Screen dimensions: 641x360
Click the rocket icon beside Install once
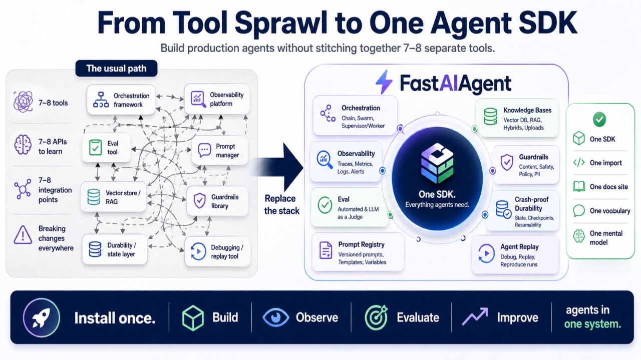[x=42, y=317]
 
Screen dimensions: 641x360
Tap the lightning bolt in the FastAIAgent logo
[x=384, y=82]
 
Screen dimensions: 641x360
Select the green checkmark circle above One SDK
[x=599, y=119]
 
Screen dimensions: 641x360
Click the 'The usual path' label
[x=116, y=69]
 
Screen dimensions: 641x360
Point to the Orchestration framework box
[x=121, y=100]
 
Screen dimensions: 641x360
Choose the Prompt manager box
[x=220, y=151]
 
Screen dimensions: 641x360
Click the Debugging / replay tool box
[x=217, y=251]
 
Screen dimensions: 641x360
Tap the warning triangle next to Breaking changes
[x=23, y=235]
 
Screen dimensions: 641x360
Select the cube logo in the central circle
[x=437, y=163]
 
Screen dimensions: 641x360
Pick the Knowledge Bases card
[x=517, y=119]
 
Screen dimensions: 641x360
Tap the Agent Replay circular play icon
[x=486, y=253]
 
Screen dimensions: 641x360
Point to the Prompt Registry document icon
[x=326, y=250]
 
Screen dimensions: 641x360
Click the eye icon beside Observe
[x=275, y=317]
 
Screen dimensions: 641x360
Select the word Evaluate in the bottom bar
[x=418, y=317]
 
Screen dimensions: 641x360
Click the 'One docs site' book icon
[x=579, y=187]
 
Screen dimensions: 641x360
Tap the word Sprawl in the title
[x=281, y=23]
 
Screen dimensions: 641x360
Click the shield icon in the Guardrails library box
[x=199, y=201]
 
